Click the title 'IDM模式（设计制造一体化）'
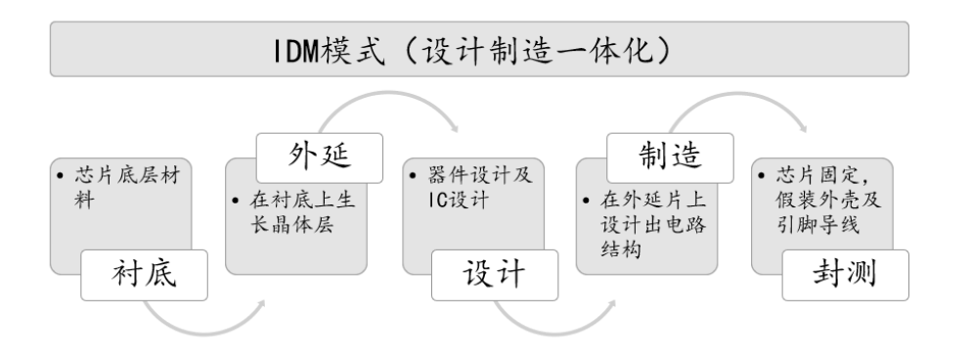click(x=485, y=51)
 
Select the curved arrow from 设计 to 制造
click(x=557, y=313)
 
